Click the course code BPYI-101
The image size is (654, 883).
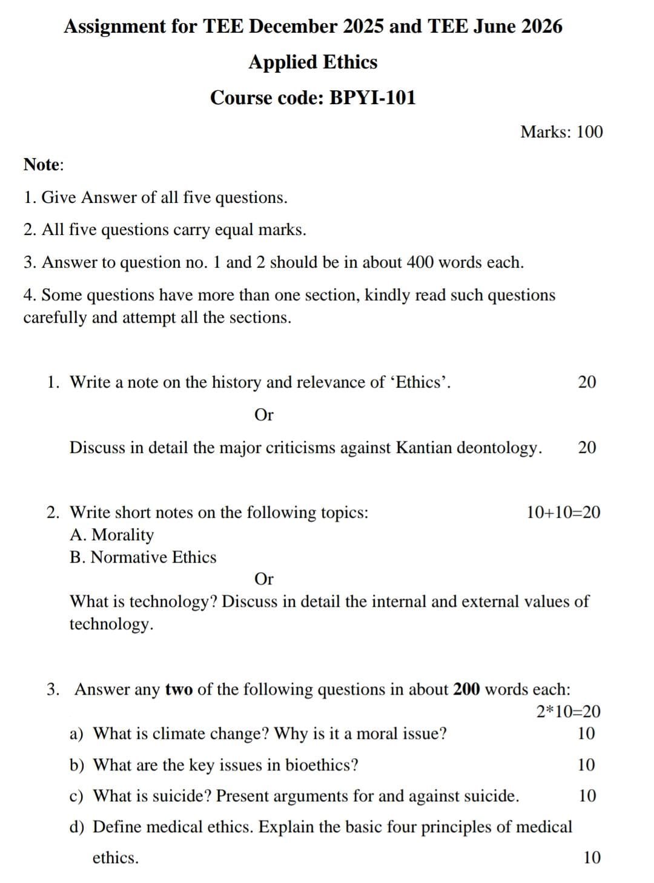point(372,98)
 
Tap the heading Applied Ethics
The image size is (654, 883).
point(312,62)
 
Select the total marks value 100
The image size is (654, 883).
point(589,132)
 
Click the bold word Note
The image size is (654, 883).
point(42,165)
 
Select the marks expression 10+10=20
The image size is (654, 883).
point(563,512)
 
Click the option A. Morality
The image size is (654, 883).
point(112,535)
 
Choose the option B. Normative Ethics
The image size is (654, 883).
point(143,557)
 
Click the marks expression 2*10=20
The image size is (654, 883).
point(568,712)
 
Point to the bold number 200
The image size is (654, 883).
point(467,689)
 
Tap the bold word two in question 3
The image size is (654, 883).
point(179,689)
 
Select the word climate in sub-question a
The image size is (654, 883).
point(178,734)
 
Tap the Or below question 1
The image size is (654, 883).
point(264,415)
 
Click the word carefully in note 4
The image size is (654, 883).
point(55,318)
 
